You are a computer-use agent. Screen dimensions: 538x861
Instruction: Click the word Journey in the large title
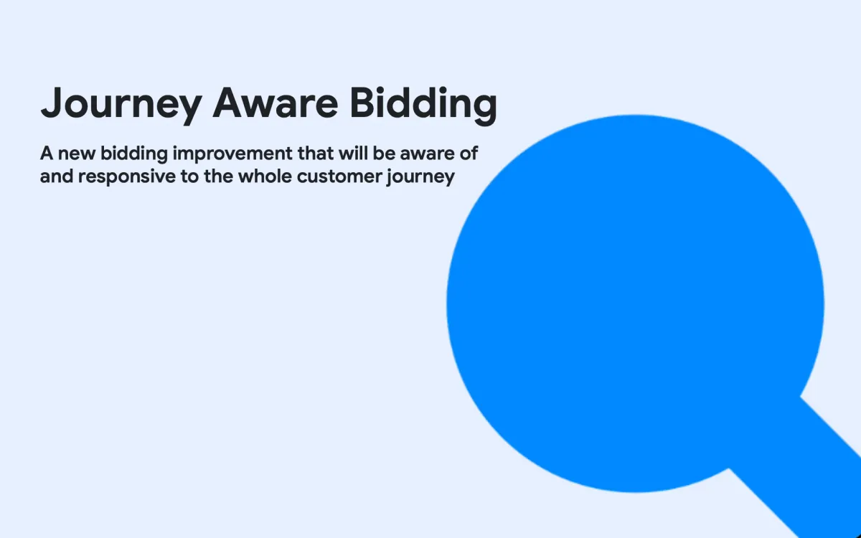(121, 105)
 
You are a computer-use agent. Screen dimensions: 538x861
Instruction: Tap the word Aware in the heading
(276, 103)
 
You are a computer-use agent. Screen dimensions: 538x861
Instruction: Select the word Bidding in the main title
(423, 105)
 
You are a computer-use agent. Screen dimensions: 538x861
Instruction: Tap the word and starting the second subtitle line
(56, 176)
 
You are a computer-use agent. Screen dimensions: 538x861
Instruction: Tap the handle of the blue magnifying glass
(804, 466)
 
